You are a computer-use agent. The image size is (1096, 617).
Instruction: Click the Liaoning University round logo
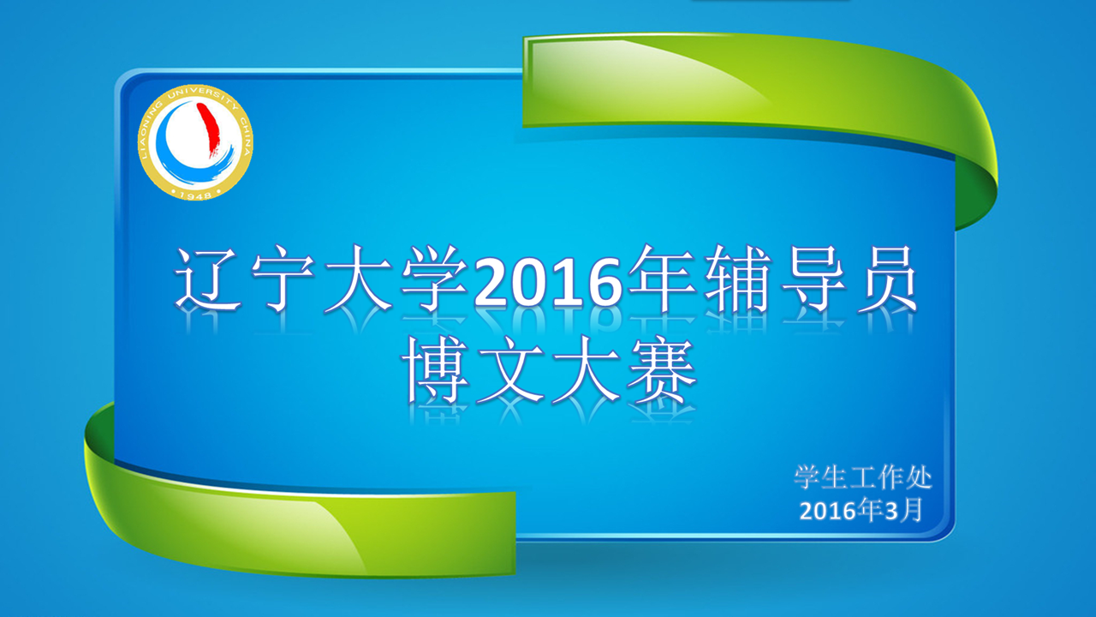point(195,142)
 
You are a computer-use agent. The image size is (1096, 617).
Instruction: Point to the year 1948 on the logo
point(195,195)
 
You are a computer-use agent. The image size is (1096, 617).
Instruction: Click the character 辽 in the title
point(208,279)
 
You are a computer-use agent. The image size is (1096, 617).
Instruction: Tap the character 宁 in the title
point(283,279)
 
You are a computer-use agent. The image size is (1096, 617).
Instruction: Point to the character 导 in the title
point(813,279)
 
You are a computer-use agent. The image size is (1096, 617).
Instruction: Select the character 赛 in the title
point(662,370)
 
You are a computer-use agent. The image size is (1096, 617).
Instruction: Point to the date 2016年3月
point(861,510)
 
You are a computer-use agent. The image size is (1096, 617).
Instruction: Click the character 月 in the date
point(911,510)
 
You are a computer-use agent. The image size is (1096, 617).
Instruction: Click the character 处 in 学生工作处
point(919,477)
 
